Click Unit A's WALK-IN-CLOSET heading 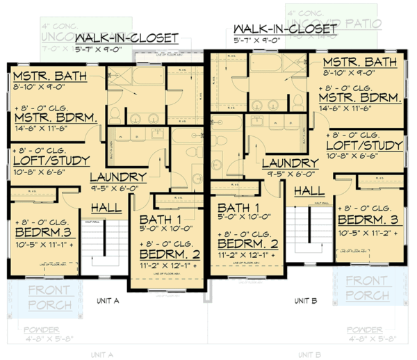point(126,38)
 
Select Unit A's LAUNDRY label point(117,177)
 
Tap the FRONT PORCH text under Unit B point(368,288)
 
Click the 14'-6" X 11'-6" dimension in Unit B point(359,109)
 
